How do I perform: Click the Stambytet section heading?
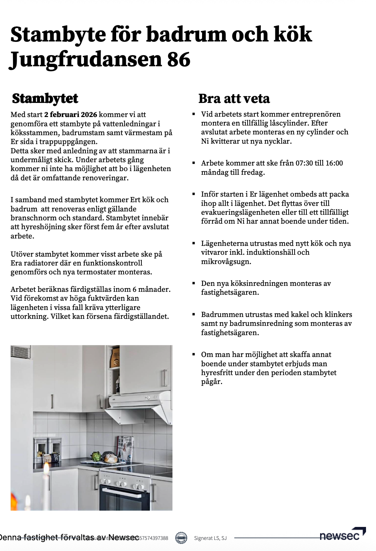pyautogui.click(x=45, y=99)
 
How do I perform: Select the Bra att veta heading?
pyautogui.click(x=234, y=99)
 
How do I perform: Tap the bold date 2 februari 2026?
pyautogui.click(x=71, y=115)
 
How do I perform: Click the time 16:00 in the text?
pyautogui.click(x=333, y=163)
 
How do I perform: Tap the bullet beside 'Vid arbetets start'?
pyautogui.click(x=194, y=114)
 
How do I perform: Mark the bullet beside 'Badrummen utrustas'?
pyautogui.click(x=194, y=314)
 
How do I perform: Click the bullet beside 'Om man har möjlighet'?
pyautogui.click(x=194, y=354)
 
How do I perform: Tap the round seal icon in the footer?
pyautogui.click(x=181, y=538)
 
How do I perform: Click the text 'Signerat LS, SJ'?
pyautogui.click(x=210, y=538)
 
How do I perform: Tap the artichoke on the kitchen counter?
pyautogui.click(x=97, y=456)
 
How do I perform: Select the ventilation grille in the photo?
pyautogui.click(x=20, y=352)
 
